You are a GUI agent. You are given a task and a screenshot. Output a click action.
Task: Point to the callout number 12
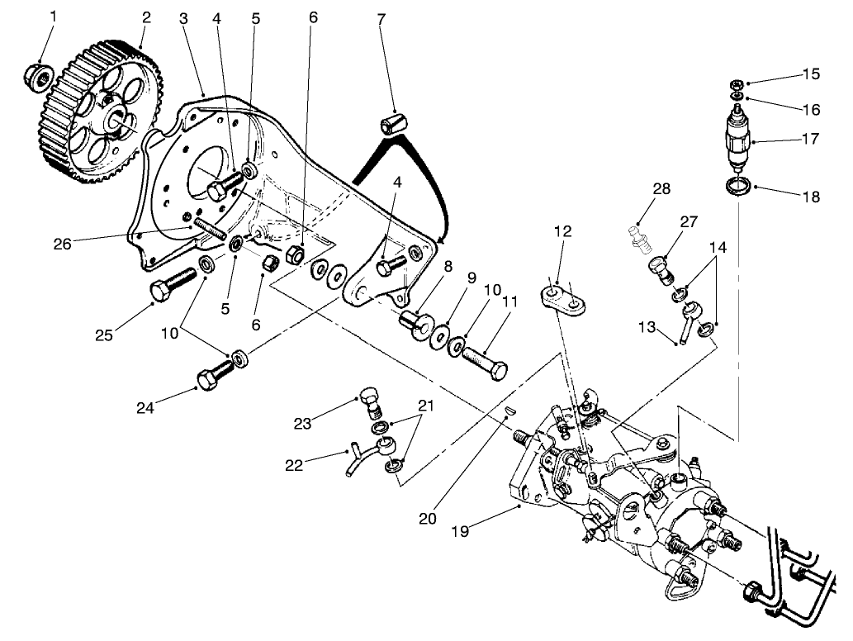tap(562, 233)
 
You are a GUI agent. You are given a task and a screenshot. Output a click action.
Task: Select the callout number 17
tap(810, 140)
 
